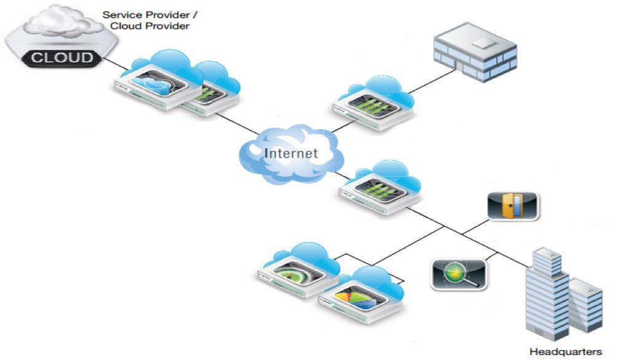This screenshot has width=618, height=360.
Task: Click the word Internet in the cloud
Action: tap(291, 153)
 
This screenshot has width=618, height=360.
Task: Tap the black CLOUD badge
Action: tap(61, 58)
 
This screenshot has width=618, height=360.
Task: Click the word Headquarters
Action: tap(566, 352)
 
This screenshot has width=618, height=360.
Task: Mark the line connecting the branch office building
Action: tap(430, 83)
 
